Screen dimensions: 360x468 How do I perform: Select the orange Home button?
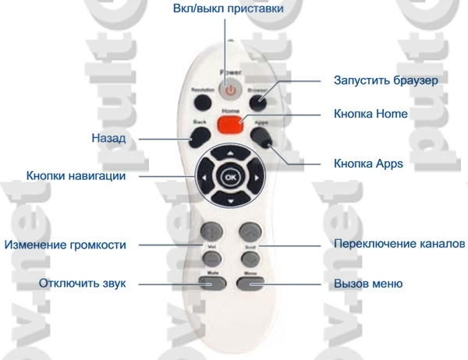tap(230, 125)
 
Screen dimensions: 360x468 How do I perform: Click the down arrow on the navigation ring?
tap(230, 201)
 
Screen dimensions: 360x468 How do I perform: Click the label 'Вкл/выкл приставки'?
tap(227, 9)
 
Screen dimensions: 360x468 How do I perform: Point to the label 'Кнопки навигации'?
tap(76, 176)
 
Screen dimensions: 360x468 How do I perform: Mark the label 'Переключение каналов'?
tap(399, 244)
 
